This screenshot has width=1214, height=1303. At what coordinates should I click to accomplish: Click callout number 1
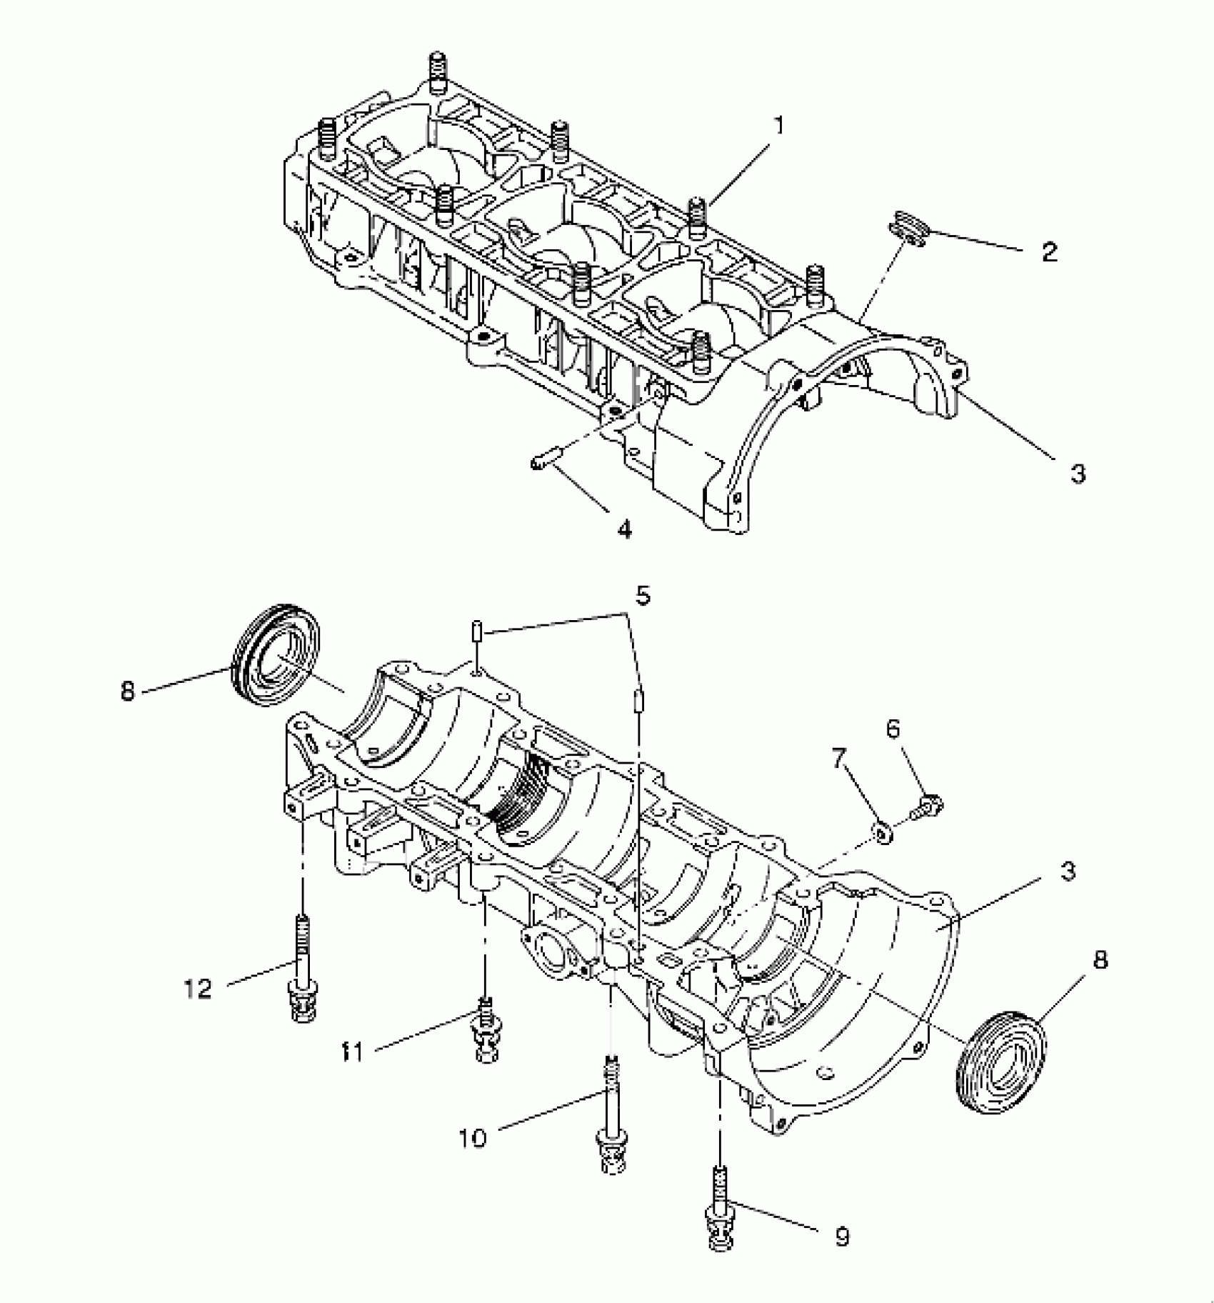(779, 126)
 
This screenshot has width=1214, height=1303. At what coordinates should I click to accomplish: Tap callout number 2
(1049, 251)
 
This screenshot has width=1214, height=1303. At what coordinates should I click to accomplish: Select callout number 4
(624, 529)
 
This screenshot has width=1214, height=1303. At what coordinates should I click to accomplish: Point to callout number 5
(643, 595)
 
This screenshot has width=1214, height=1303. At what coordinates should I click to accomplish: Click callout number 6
(893, 729)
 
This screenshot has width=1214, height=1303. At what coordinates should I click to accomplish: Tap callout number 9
(843, 1235)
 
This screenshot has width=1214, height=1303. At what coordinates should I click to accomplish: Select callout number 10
(472, 1137)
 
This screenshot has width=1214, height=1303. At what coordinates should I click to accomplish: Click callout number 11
(352, 1052)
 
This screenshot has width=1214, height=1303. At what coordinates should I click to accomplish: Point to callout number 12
(198, 989)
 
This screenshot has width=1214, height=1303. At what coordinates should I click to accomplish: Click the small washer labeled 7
(883, 832)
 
